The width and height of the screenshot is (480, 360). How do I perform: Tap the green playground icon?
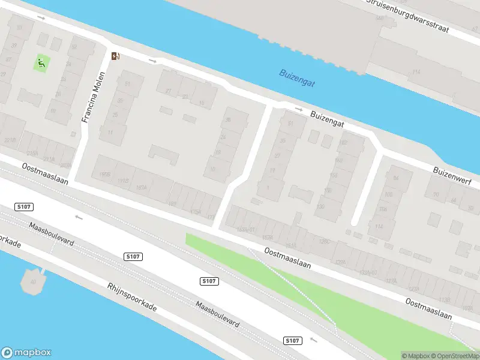coord(41,62)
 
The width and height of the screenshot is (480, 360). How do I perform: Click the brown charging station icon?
coord(115,56)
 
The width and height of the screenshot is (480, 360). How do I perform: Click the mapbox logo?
coord(26,353)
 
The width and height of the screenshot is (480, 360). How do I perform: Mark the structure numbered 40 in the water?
coord(34,280)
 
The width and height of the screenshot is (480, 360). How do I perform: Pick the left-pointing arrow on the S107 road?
coord(79,217)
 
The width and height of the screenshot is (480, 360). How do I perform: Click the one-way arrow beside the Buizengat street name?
coord(298,109)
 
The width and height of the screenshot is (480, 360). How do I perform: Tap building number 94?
coord(395,178)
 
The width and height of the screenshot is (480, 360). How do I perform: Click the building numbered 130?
coord(320,206)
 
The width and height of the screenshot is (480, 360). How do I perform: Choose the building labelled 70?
coord(436,195)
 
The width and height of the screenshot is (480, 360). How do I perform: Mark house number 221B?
coord(10,140)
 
